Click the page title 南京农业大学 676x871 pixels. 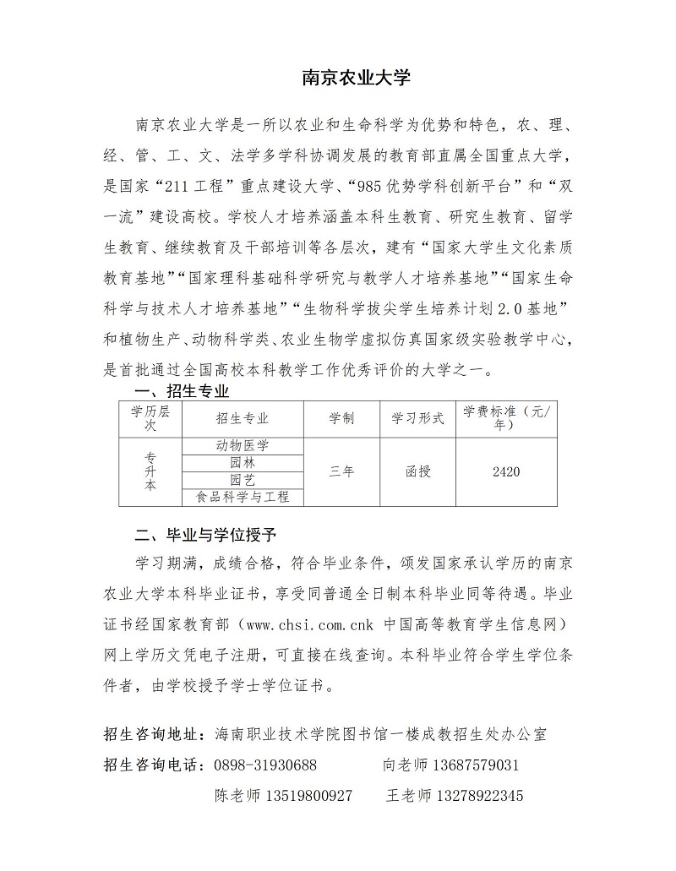click(x=356, y=79)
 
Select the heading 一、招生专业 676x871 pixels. click(x=183, y=391)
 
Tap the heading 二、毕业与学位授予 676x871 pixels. click(x=206, y=535)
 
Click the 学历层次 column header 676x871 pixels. click(x=150, y=418)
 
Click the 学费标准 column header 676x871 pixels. click(x=505, y=418)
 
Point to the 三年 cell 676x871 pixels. click(x=341, y=471)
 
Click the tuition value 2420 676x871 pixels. click(x=505, y=471)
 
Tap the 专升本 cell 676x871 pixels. click(x=150, y=471)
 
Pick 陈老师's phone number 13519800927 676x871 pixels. click(x=308, y=796)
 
